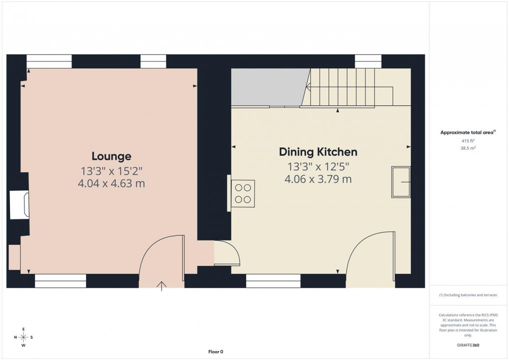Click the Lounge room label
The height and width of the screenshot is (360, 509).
(111, 156)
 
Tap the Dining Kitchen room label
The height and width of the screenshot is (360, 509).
(318, 152)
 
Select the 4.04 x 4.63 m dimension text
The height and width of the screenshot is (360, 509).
(111, 183)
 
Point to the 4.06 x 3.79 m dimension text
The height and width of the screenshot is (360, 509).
(318, 179)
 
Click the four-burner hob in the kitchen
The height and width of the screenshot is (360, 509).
(243, 194)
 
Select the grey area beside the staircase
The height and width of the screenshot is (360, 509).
(267, 87)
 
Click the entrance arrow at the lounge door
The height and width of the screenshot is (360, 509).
(161, 286)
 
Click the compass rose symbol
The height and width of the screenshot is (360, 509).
(23, 337)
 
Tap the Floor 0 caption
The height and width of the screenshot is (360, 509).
(216, 352)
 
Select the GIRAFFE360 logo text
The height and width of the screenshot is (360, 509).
(468, 345)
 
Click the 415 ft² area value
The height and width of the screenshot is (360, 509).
(468, 141)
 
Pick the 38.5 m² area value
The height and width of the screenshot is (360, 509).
(468, 148)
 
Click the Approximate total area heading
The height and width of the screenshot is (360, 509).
(468, 132)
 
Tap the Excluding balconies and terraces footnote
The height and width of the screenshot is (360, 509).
(468, 295)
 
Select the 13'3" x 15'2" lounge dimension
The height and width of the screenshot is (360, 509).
(111, 170)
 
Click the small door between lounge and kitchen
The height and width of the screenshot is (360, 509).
(227, 253)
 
